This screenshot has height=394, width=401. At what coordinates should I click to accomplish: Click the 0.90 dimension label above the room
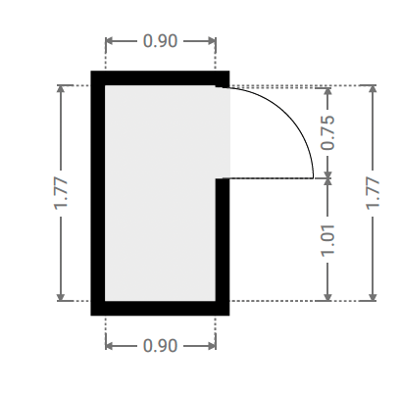click(160, 41)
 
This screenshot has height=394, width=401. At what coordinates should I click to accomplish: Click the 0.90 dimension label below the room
click(160, 346)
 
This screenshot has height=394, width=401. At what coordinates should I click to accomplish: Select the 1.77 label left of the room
click(61, 193)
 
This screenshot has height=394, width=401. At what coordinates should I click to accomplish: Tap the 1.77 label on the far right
click(373, 193)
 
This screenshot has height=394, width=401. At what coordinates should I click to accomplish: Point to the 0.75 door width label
click(327, 132)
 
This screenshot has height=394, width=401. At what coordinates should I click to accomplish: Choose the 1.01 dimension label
click(327, 240)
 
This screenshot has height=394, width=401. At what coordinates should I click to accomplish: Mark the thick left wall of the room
click(98, 193)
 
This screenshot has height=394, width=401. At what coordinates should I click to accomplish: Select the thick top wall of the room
click(160, 78)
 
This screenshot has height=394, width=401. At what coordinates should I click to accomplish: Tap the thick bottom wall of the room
click(160, 308)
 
